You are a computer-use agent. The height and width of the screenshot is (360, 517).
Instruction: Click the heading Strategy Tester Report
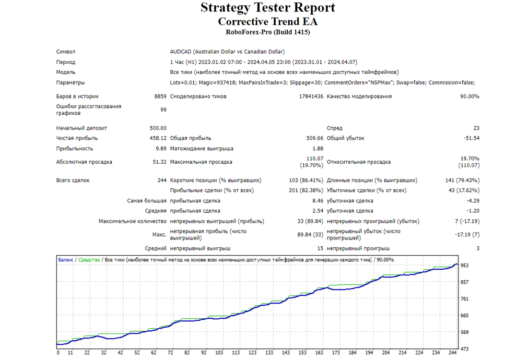[268, 8]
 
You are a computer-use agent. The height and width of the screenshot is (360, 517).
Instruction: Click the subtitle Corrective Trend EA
[268, 22]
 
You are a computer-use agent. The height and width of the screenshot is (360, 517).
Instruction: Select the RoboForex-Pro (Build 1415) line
[268, 32]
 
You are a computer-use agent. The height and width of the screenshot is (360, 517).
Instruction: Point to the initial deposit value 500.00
[158, 128]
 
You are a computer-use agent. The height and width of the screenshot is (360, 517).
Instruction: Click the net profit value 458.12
[158, 138]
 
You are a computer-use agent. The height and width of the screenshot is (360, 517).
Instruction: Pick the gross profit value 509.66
[315, 138]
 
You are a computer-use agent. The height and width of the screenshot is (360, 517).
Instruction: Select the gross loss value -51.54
[471, 138]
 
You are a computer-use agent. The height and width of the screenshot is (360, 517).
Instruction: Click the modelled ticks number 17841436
[311, 96]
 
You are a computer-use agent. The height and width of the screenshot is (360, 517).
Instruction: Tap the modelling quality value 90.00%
[470, 96]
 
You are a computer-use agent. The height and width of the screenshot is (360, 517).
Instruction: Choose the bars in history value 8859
[160, 96]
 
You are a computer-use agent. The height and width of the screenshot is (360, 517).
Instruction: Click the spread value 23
[476, 128]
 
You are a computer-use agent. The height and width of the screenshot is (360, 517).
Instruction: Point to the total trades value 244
[162, 180]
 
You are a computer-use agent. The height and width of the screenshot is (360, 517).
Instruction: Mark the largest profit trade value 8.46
[318, 201]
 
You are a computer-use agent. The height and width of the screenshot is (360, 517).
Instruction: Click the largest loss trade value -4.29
[473, 201]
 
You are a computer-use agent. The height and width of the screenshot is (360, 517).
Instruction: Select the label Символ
[66, 51]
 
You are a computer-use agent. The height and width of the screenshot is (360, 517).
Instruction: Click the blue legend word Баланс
[66, 260]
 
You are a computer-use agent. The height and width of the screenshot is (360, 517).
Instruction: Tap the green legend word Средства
[89, 260]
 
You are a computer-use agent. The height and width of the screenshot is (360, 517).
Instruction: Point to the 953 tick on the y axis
[464, 265]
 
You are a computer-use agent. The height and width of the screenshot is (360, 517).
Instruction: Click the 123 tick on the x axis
[252, 352]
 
